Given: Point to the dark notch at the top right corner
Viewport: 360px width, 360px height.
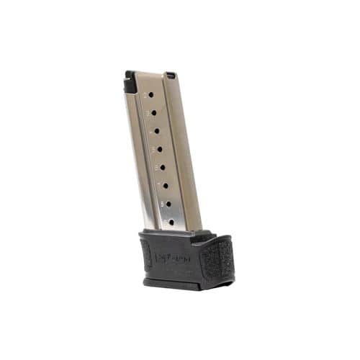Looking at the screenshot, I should (171, 74).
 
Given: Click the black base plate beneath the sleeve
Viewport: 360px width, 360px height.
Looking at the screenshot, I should (176, 282).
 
